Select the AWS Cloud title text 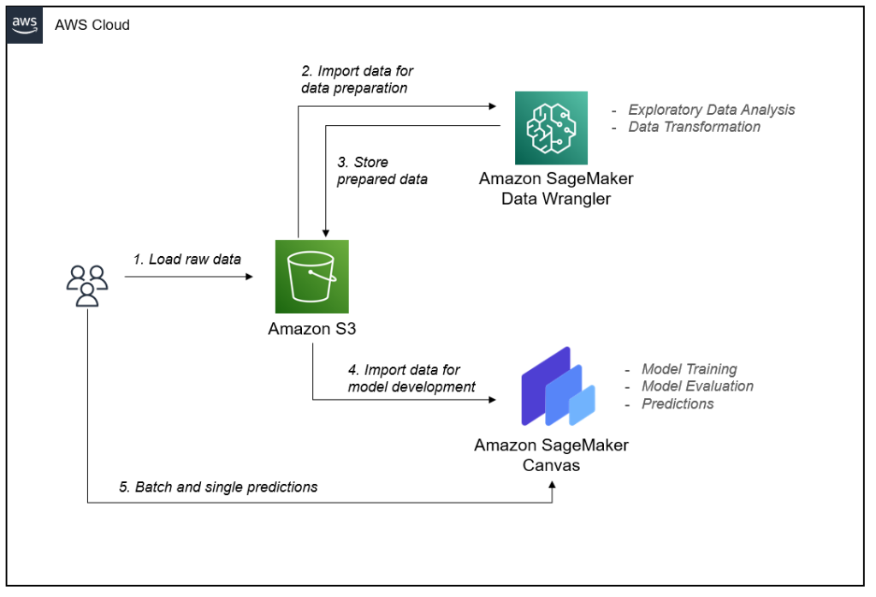click(x=92, y=25)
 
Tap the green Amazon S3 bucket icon click(x=311, y=276)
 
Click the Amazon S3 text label click(x=311, y=329)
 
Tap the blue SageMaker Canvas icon click(x=557, y=387)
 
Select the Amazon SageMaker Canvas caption click(x=551, y=455)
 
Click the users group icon click(x=87, y=285)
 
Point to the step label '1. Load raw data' click(x=186, y=259)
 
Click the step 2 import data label click(x=357, y=80)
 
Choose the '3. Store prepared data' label click(x=382, y=170)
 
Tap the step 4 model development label click(x=411, y=378)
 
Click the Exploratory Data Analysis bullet click(x=711, y=110)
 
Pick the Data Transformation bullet click(x=694, y=127)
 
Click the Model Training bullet click(x=689, y=369)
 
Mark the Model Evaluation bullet click(x=697, y=386)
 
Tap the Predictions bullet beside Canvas click(x=678, y=403)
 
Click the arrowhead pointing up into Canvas click(x=552, y=485)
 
